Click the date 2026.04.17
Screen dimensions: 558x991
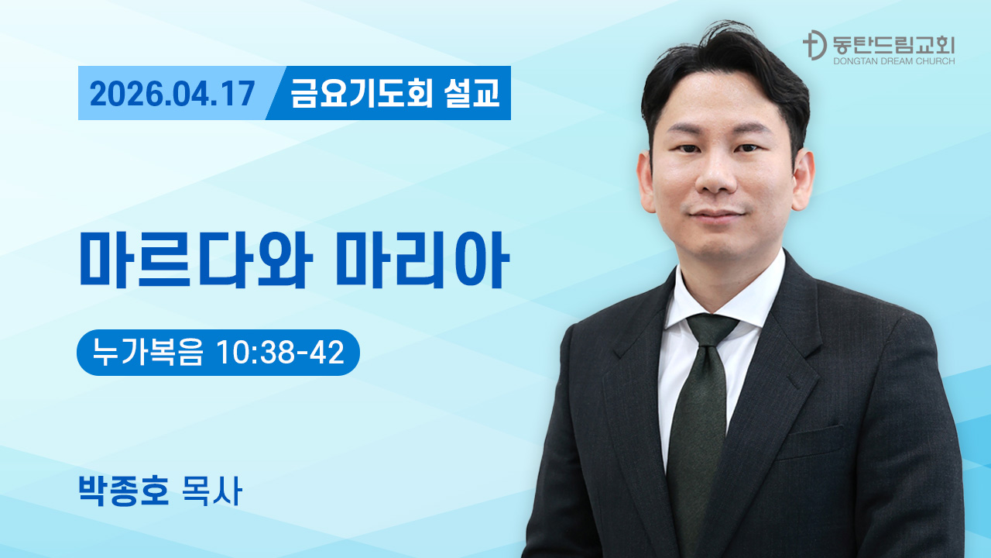click(172, 94)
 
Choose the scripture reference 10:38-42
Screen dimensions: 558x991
click(280, 353)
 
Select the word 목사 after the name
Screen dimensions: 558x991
click(210, 491)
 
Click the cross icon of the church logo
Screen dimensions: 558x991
click(813, 45)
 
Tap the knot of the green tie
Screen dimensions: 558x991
click(711, 329)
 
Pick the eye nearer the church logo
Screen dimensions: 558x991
click(749, 149)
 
